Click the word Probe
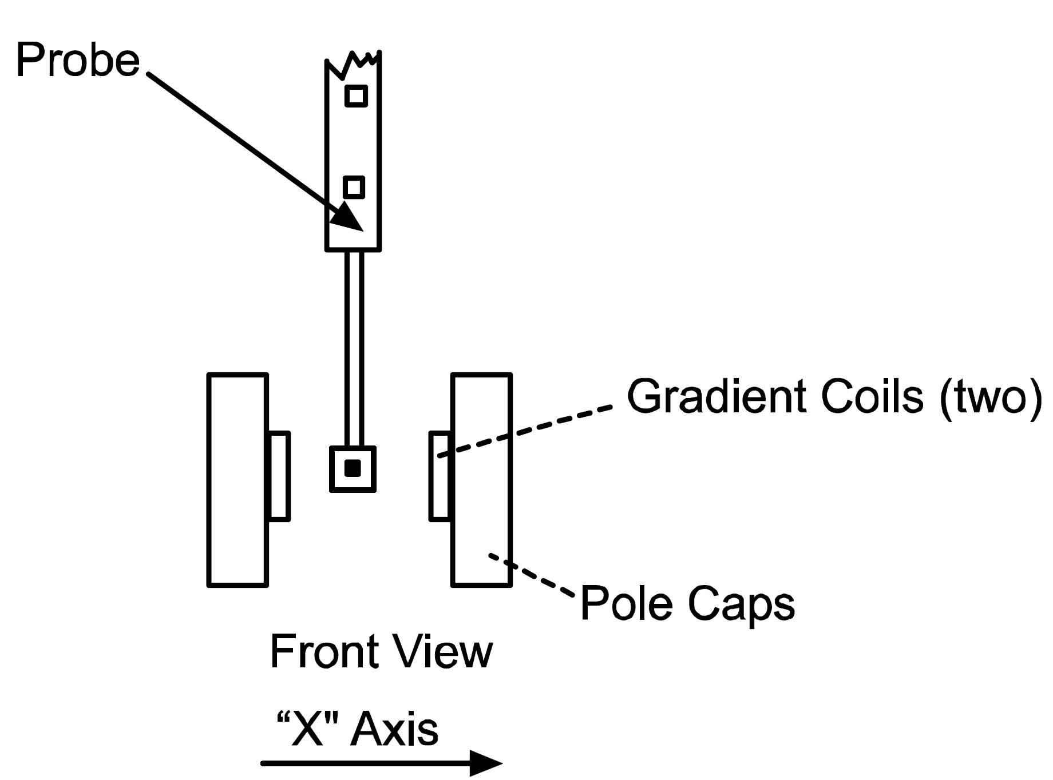[x=78, y=59]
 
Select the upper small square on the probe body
[x=356, y=95]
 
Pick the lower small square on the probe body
[x=354, y=187]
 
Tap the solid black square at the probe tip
[x=353, y=468]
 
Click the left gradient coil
[x=279, y=476]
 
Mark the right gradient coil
[x=440, y=476]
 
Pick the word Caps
[x=741, y=604]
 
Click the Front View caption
[x=381, y=651]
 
